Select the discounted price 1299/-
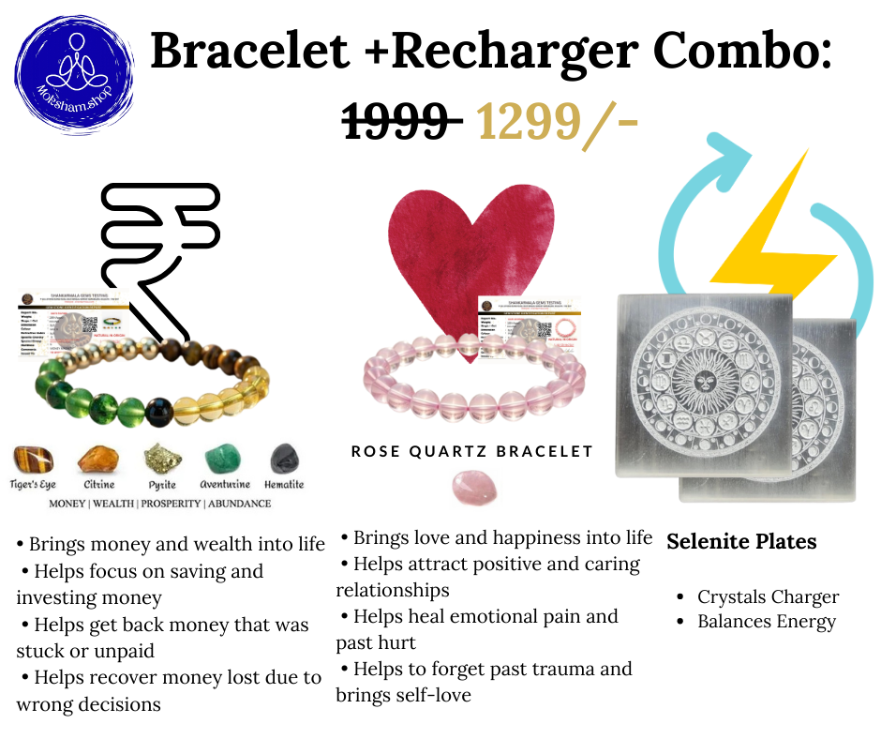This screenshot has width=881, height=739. pyautogui.click(x=557, y=122)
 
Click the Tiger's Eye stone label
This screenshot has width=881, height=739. pyautogui.click(x=34, y=485)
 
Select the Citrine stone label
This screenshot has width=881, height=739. pyautogui.click(x=98, y=485)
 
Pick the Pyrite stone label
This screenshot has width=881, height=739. pyautogui.click(x=161, y=485)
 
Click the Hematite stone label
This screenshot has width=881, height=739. pyautogui.click(x=284, y=485)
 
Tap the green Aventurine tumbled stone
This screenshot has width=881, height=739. pyautogui.click(x=224, y=460)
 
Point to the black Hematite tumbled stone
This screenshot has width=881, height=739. pyautogui.click(x=284, y=460)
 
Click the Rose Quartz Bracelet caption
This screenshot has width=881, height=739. pyautogui.click(x=472, y=452)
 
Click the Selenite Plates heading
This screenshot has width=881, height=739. pyautogui.click(x=741, y=542)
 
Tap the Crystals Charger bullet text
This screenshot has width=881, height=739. pyautogui.click(x=768, y=597)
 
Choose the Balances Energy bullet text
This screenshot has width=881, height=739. pyautogui.click(x=766, y=622)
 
